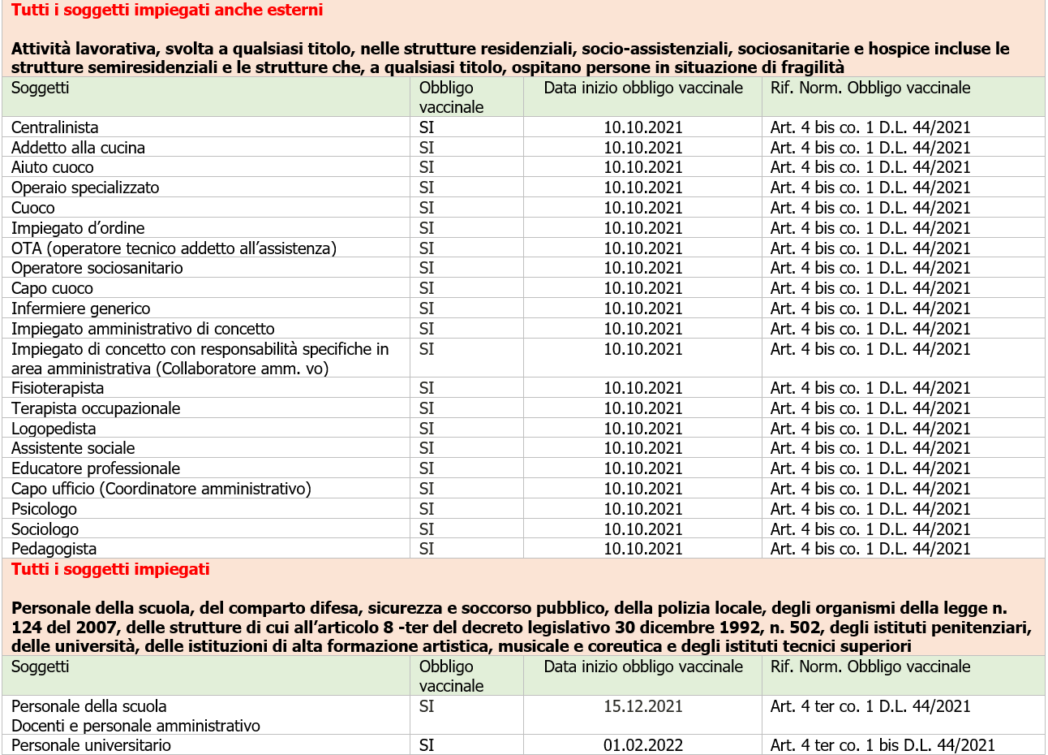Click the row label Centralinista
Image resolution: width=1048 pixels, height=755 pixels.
click(54, 127)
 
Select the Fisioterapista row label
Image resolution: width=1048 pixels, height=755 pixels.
click(58, 388)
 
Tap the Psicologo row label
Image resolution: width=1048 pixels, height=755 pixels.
click(44, 509)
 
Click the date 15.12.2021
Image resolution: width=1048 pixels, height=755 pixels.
click(642, 706)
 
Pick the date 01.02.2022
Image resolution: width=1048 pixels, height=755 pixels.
click(642, 745)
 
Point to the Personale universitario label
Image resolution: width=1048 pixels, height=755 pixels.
click(91, 745)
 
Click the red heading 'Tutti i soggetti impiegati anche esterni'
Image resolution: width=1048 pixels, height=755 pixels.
click(167, 11)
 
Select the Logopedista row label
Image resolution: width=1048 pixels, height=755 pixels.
click(54, 429)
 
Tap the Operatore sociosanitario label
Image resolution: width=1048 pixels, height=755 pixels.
click(97, 268)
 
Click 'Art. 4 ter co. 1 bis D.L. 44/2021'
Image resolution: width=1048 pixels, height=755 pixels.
click(883, 745)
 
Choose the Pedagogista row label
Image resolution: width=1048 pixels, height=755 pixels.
click(54, 549)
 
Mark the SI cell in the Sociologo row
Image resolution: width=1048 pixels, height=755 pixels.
click(427, 529)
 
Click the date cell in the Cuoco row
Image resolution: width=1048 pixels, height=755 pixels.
click(642, 208)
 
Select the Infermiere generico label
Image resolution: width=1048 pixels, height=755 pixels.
click(80, 308)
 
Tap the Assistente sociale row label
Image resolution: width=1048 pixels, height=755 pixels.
click(73, 448)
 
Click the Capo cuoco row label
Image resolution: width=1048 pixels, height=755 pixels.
click(52, 288)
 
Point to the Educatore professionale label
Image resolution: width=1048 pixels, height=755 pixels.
click(95, 468)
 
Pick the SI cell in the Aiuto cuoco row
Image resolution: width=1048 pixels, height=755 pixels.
click(427, 167)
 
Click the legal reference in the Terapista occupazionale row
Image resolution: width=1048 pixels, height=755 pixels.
click(870, 408)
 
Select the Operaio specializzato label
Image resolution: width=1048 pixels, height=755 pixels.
click(85, 188)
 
